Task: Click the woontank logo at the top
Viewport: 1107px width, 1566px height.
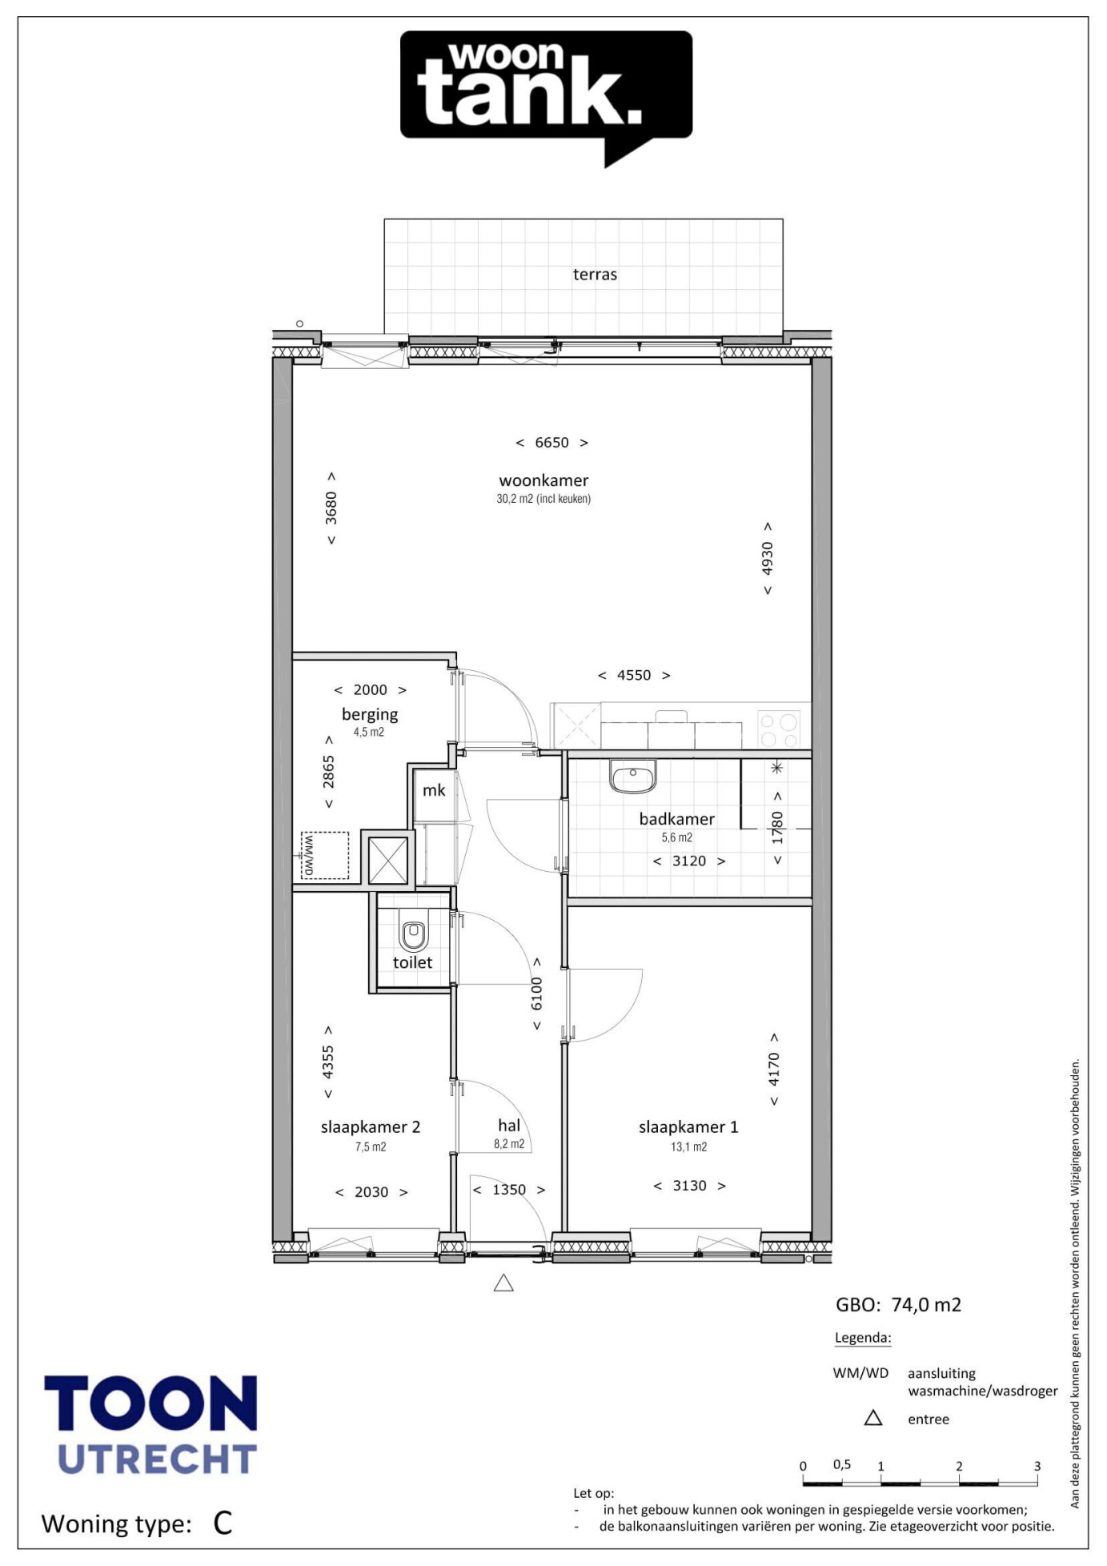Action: point(546,98)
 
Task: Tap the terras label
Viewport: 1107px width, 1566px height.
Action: point(595,275)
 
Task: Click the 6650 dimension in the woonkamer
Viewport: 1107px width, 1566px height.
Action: point(551,443)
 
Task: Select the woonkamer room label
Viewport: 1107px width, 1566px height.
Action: point(543,480)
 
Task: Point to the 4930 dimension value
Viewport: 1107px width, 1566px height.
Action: point(767,559)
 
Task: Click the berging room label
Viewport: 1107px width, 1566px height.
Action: point(370,714)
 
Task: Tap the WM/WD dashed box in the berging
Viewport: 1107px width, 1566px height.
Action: point(325,855)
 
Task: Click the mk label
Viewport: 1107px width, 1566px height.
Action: point(434,790)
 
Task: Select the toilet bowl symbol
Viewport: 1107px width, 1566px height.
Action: point(413,935)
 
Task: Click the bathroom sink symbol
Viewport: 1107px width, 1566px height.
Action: point(632,777)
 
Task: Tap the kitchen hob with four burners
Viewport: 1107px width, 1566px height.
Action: point(779,729)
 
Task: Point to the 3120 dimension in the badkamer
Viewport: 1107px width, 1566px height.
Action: point(689,861)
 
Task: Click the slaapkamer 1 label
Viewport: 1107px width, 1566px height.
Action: point(688,1126)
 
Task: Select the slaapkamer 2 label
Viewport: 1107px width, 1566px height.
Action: point(371,1126)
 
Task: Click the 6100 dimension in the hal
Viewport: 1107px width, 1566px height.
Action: point(536,994)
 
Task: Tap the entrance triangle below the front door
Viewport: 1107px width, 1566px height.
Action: point(503,1283)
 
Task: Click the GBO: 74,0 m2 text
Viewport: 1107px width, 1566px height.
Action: point(898,1305)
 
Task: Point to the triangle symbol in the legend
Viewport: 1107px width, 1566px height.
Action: point(873,1418)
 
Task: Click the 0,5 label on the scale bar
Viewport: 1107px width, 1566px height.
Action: point(841,1464)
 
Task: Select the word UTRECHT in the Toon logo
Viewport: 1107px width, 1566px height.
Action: point(158,1460)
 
